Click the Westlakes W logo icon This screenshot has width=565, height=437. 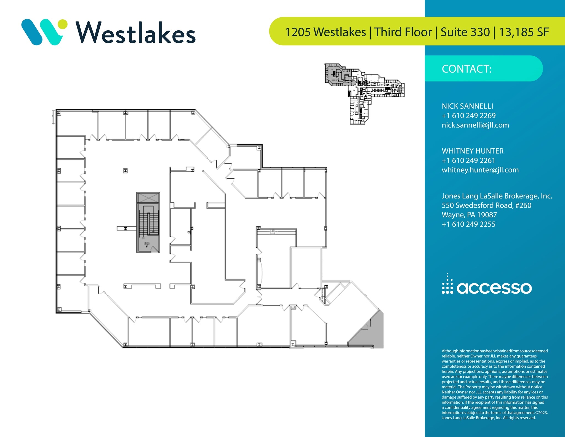click(x=44, y=32)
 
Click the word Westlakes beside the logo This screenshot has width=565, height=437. click(x=135, y=33)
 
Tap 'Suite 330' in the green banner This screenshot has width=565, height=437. click(x=465, y=32)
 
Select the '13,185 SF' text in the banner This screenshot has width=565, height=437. click(x=524, y=32)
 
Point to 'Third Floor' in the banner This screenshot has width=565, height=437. click(x=403, y=32)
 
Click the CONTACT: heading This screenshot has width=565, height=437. click(x=467, y=69)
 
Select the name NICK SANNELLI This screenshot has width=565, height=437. click(x=467, y=106)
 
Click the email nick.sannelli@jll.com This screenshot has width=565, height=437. click(x=475, y=125)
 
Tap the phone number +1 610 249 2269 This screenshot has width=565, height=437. click(x=468, y=115)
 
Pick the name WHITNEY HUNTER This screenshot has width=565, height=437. click(x=473, y=151)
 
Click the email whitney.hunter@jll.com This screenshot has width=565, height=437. click(x=480, y=170)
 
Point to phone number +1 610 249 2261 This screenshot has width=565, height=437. click(x=468, y=160)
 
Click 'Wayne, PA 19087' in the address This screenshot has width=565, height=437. click(x=469, y=215)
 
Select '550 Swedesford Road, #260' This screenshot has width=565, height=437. click(x=486, y=205)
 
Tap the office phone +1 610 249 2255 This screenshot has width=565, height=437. click(x=468, y=224)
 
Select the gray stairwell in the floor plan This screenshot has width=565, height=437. click(x=148, y=223)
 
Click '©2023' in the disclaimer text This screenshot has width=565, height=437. click(x=541, y=413)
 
